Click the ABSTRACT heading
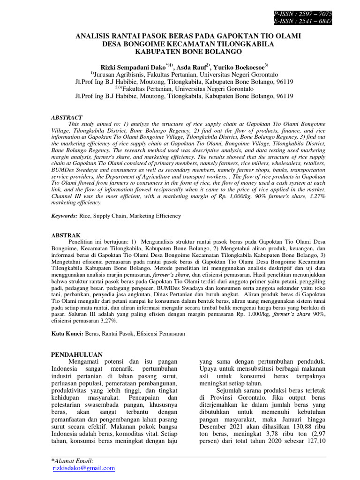click(67, 117)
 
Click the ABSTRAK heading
click(66, 234)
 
